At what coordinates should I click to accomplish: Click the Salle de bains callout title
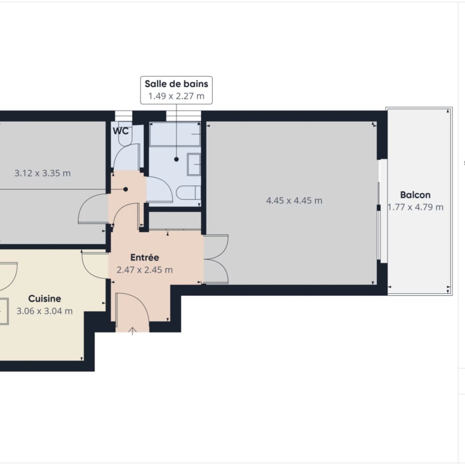tap(176, 84)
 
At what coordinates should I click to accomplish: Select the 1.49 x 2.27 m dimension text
tap(176, 96)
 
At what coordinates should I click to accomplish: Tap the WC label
tap(120, 131)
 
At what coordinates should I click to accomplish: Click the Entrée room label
tap(145, 257)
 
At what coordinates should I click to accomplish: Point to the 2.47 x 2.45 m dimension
tap(145, 270)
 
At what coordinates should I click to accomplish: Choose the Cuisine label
tap(45, 298)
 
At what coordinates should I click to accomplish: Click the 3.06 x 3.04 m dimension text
tap(45, 311)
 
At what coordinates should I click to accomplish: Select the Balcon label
tap(415, 195)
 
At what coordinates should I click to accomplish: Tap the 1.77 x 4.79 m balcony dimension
tap(416, 207)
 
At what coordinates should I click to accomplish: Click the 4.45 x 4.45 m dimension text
tap(294, 201)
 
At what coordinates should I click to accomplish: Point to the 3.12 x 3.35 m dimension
tap(43, 173)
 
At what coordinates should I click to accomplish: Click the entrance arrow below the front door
tap(132, 331)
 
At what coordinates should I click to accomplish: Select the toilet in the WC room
tap(125, 134)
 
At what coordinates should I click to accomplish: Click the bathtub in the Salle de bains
tap(175, 134)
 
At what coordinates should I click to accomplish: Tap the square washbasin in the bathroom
tap(194, 165)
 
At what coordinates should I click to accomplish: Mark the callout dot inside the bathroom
tap(176, 159)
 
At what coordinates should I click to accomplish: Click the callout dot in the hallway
tap(126, 189)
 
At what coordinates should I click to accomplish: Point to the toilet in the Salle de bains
tap(188, 193)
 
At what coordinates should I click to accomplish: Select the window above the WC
tap(123, 116)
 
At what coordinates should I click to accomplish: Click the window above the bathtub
tap(184, 116)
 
